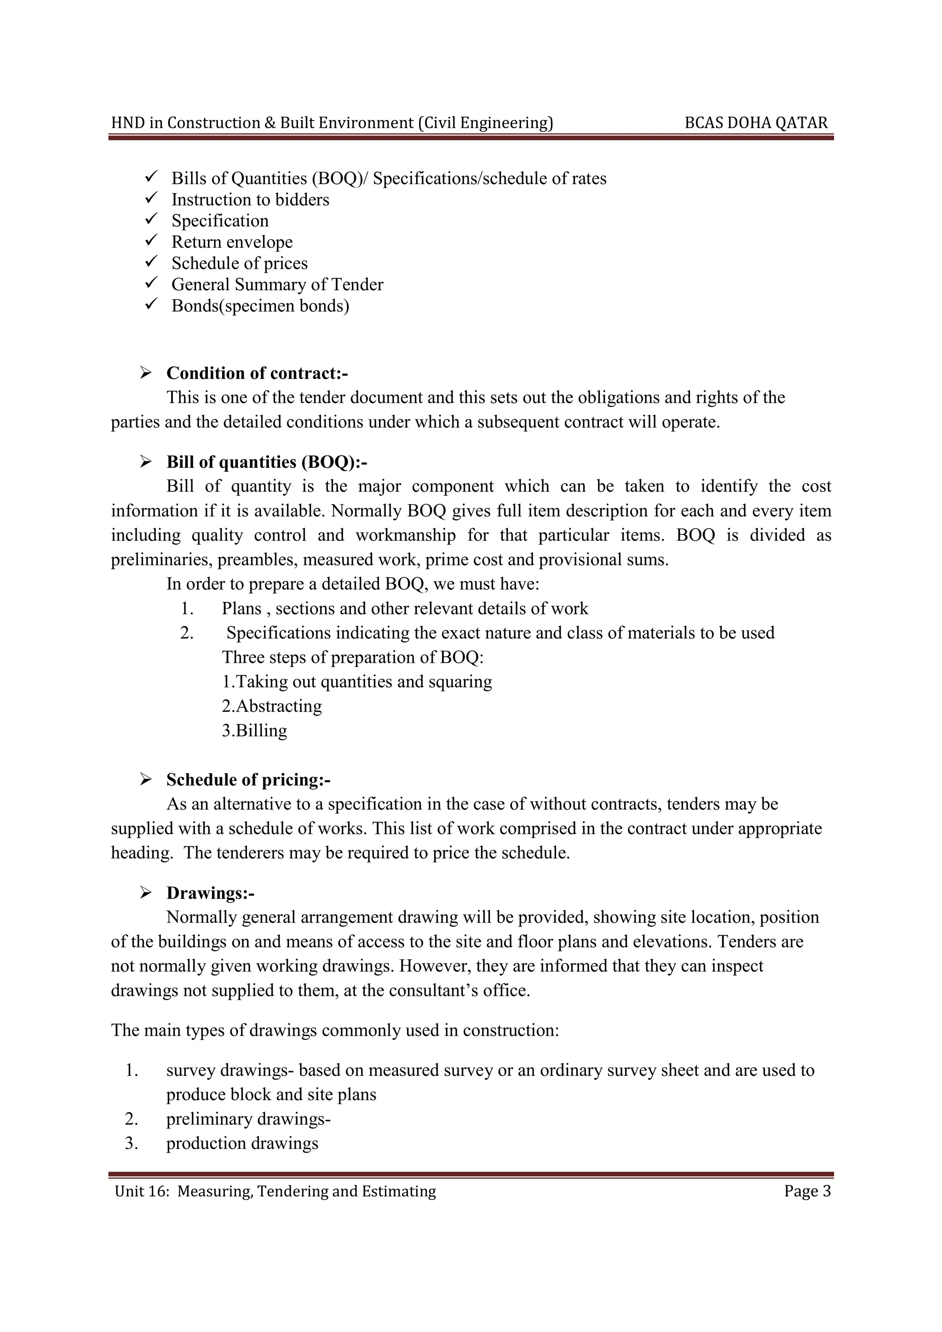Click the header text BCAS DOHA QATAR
pyautogui.click(x=756, y=123)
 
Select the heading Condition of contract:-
pyautogui.click(x=257, y=373)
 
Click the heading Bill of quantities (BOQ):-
pyautogui.click(x=267, y=462)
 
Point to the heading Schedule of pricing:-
pyautogui.click(x=248, y=780)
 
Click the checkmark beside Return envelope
pyautogui.click(x=151, y=240)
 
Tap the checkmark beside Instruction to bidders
pyautogui.click(x=151, y=198)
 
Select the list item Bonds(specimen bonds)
pyautogui.click(x=260, y=306)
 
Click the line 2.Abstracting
pyautogui.click(x=271, y=706)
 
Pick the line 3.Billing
pyautogui.click(x=254, y=730)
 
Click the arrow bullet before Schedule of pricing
pyautogui.click(x=146, y=780)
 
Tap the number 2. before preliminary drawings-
pyautogui.click(x=132, y=1119)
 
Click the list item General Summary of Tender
pyautogui.click(x=277, y=284)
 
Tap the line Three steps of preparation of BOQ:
pyautogui.click(x=353, y=657)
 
